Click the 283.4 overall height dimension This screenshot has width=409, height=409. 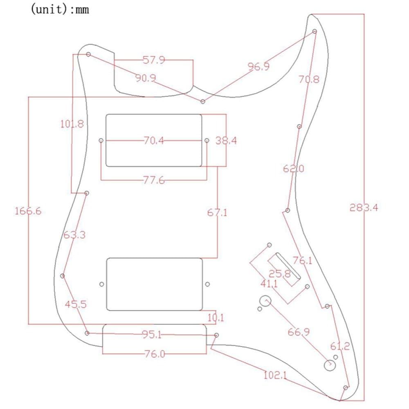tap(364, 208)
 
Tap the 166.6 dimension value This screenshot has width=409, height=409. tap(28, 211)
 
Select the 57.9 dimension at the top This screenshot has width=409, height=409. tap(154, 60)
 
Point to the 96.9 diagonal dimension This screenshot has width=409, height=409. tap(258, 67)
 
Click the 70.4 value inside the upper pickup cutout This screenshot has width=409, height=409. tap(154, 141)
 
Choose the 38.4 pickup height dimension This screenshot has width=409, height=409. tap(226, 141)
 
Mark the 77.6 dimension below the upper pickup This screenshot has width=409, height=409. tap(154, 180)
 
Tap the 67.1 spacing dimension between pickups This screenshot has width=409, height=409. tap(217, 212)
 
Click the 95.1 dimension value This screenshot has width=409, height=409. tap(152, 334)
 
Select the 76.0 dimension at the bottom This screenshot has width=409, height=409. tap(155, 354)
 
